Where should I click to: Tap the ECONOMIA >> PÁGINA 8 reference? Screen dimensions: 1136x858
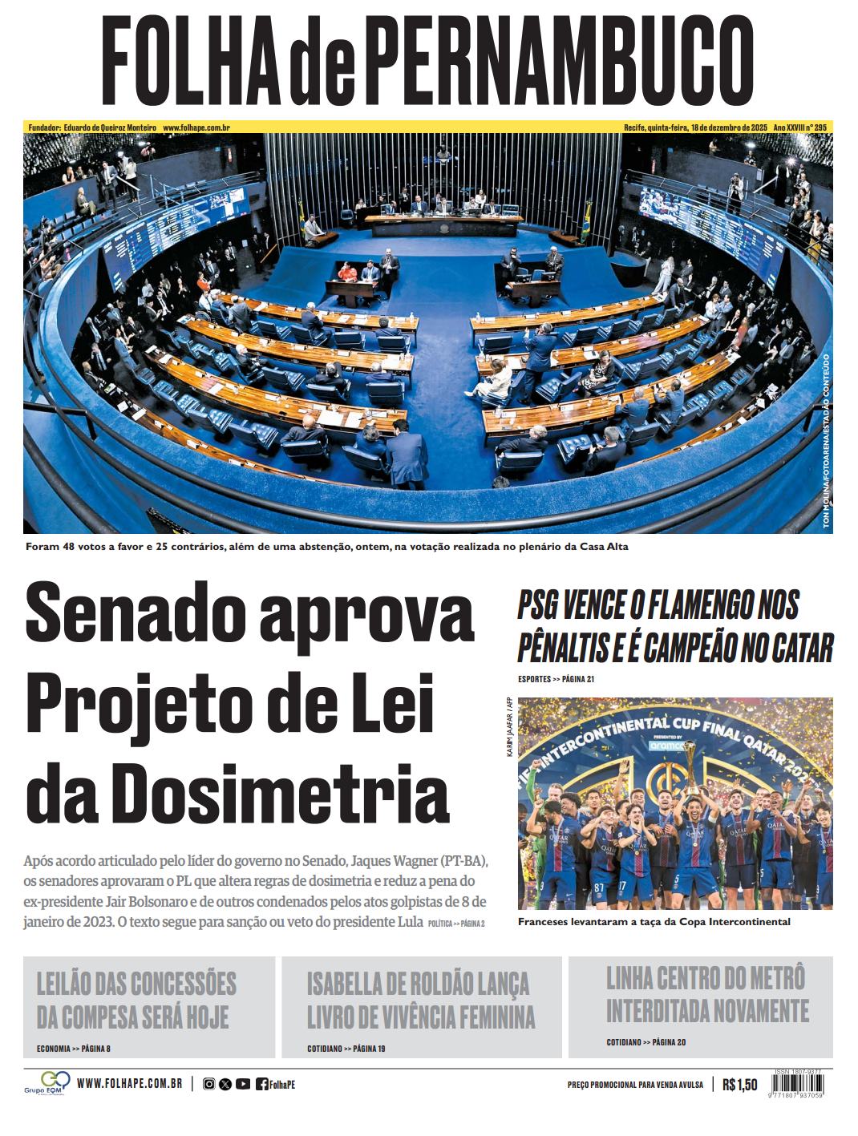click(74, 1049)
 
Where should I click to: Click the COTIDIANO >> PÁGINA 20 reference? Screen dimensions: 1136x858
click(646, 1042)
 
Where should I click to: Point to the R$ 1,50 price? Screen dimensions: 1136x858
click(739, 1085)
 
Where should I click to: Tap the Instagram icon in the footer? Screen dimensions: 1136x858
click(208, 1085)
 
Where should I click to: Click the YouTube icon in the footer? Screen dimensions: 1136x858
click(242, 1085)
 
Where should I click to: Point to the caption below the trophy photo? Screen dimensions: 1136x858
click(654, 922)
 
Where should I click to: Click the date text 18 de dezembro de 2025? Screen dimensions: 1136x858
click(731, 127)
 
